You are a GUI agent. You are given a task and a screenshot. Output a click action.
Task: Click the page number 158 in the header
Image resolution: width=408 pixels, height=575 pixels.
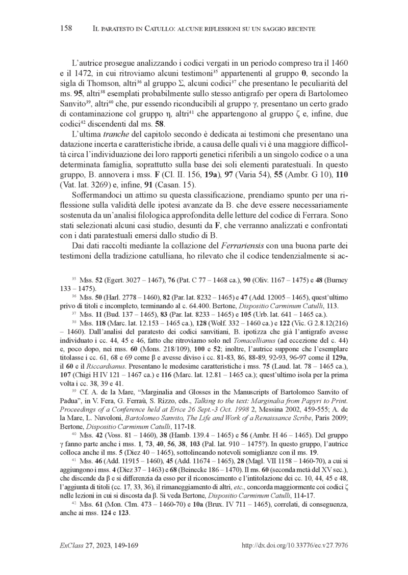66,29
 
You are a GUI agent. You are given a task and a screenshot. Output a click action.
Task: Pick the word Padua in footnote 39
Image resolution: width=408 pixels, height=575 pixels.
70,404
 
